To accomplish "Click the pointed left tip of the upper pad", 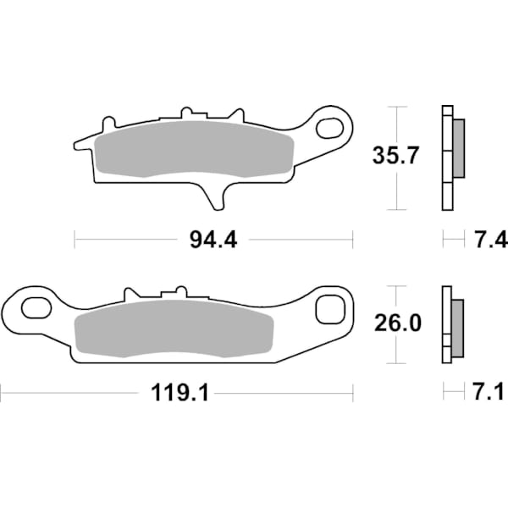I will coord(79,145).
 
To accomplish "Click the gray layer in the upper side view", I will coord(458,149).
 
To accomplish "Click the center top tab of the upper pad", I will coord(190,114).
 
